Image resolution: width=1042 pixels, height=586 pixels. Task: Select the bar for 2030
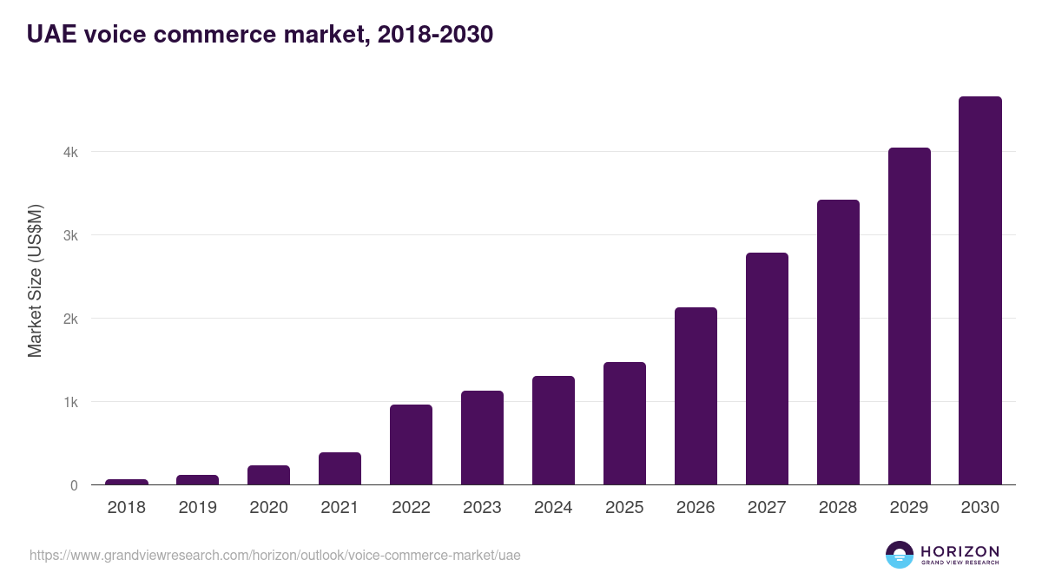(x=980, y=291)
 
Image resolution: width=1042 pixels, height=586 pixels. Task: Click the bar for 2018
(x=127, y=482)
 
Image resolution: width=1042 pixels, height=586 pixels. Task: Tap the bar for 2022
(x=411, y=444)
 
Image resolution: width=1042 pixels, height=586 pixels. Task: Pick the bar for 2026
(x=696, y=396)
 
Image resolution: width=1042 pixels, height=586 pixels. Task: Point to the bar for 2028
(x=838, y=342)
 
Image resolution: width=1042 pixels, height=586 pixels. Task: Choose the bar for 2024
(x=553, y=430)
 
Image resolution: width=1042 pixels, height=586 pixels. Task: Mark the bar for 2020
(x=268, y=475)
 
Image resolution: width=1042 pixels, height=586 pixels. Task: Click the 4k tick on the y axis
(x=71, y=152)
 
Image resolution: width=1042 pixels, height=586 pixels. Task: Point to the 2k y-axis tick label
(x=71, y=319)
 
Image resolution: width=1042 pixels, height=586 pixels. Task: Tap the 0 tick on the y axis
(x=74, y=485)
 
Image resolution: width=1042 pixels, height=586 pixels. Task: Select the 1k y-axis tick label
(x=71, y=402)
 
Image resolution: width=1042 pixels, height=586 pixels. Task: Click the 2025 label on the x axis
(x=624, y=508)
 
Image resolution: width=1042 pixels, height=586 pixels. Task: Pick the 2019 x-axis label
(x=198, y=508)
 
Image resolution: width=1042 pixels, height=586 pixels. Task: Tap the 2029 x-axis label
(x=909, y=508)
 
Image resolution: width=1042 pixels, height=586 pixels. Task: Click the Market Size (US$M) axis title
(x=35, y=280)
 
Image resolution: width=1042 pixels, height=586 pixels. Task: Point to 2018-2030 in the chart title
(x=434, y=35)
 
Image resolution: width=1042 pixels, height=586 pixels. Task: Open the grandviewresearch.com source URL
(x=275, y=555)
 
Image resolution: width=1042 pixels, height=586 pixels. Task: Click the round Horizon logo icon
(x=899, y=555)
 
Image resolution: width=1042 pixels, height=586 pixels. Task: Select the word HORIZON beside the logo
(x=960, y=551)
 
